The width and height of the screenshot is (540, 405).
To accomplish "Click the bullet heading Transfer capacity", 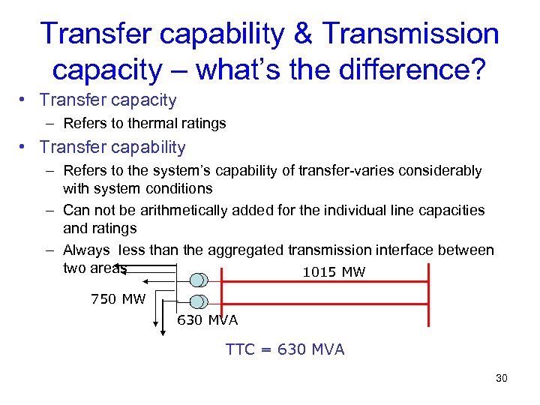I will pyautogui.click(x=108, y=100).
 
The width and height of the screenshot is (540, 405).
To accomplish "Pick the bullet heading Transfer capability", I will pyautogui.click(x=112, y=147).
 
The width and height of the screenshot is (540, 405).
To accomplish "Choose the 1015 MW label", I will pyautogui.click(x=334, y=272).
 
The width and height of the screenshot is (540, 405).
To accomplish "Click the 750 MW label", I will pyautogui.click(x=118, y=299).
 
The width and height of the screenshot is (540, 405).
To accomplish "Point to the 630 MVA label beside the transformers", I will pyautogui.click(x=207, y=320).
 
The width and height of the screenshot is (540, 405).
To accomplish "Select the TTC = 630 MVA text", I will pyautogui.click(x=285, y=349).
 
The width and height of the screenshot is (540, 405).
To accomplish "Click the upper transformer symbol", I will pyautogui.click(x=199, y=280).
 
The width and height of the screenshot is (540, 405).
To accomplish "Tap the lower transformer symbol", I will pyautogui.click(x=199, y=301).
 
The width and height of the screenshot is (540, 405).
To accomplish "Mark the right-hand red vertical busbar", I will pyautogui.click(x=428, y=292).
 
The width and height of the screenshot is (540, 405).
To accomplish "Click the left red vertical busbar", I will pyautogui.click(x=219, y=292).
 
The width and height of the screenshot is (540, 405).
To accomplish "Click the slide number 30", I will pyautogui.click(x=502, y=378).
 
